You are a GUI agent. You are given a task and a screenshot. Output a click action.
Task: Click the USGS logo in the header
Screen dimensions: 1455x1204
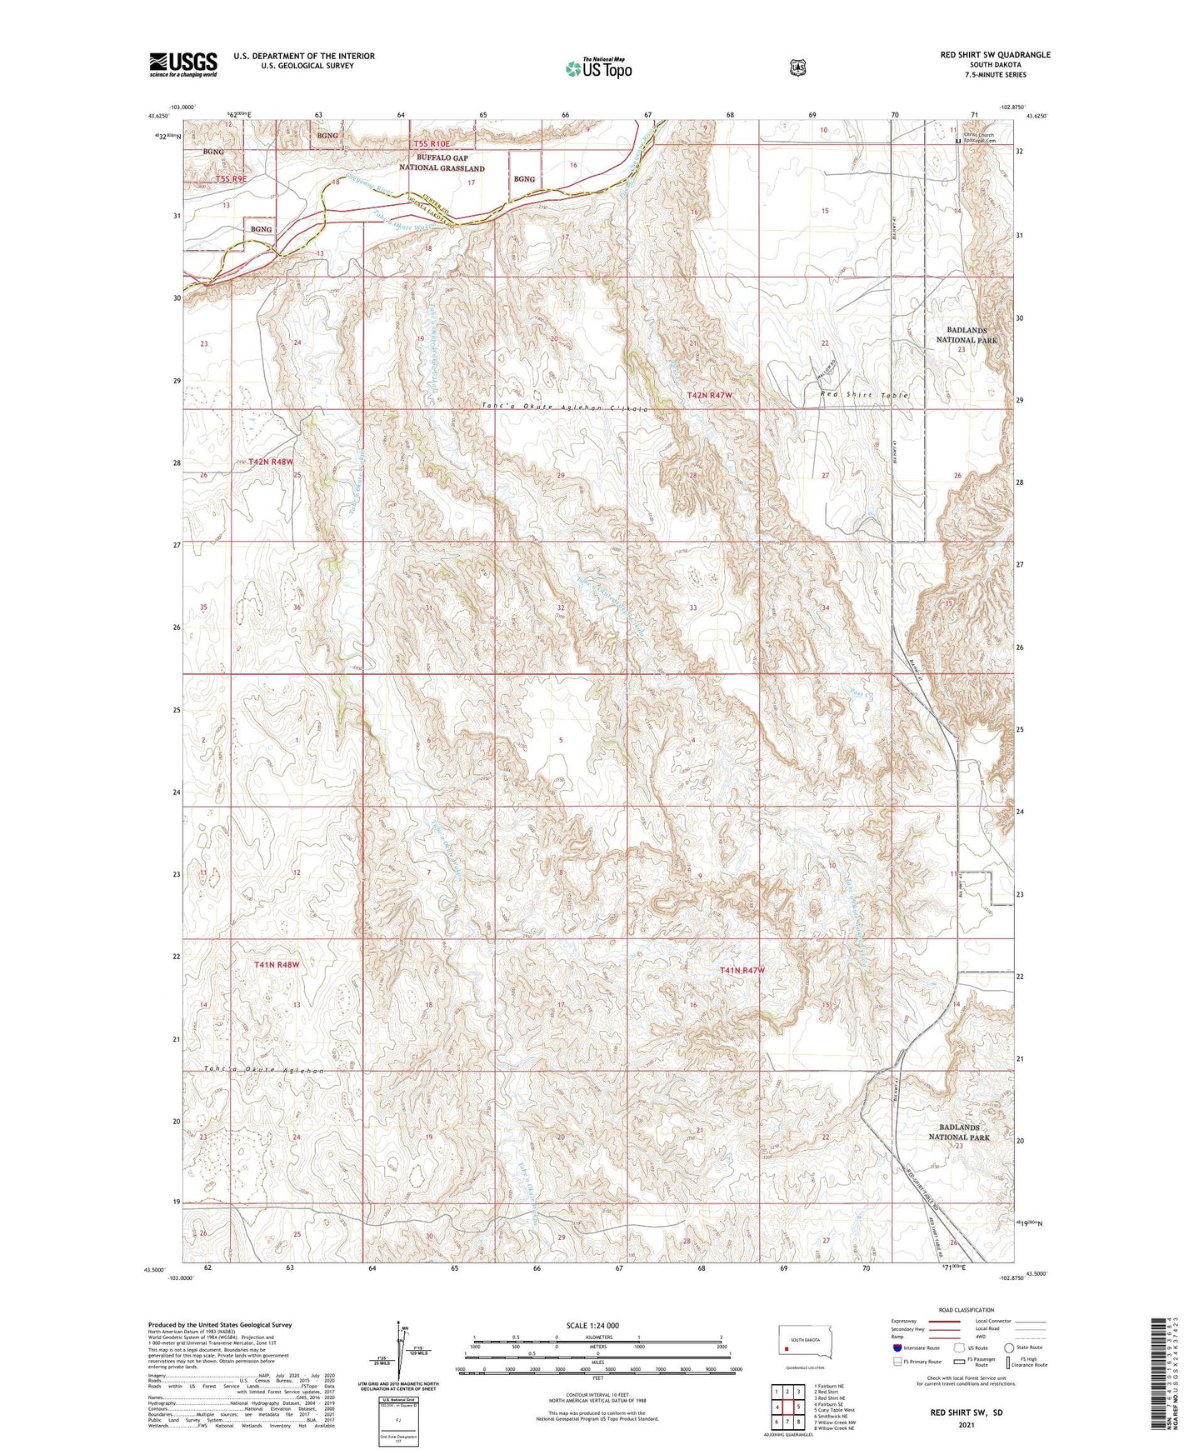183,64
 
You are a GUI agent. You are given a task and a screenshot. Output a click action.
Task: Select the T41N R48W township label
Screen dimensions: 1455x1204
276,964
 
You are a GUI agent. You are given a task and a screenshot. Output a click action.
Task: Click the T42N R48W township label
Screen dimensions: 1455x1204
271,461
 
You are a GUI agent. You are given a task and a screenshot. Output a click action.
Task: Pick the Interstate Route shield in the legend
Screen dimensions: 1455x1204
897,1347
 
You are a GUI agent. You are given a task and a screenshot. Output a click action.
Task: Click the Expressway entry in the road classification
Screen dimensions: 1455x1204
903,1321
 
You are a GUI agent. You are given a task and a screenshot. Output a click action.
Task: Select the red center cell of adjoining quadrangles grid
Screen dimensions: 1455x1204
787,1407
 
